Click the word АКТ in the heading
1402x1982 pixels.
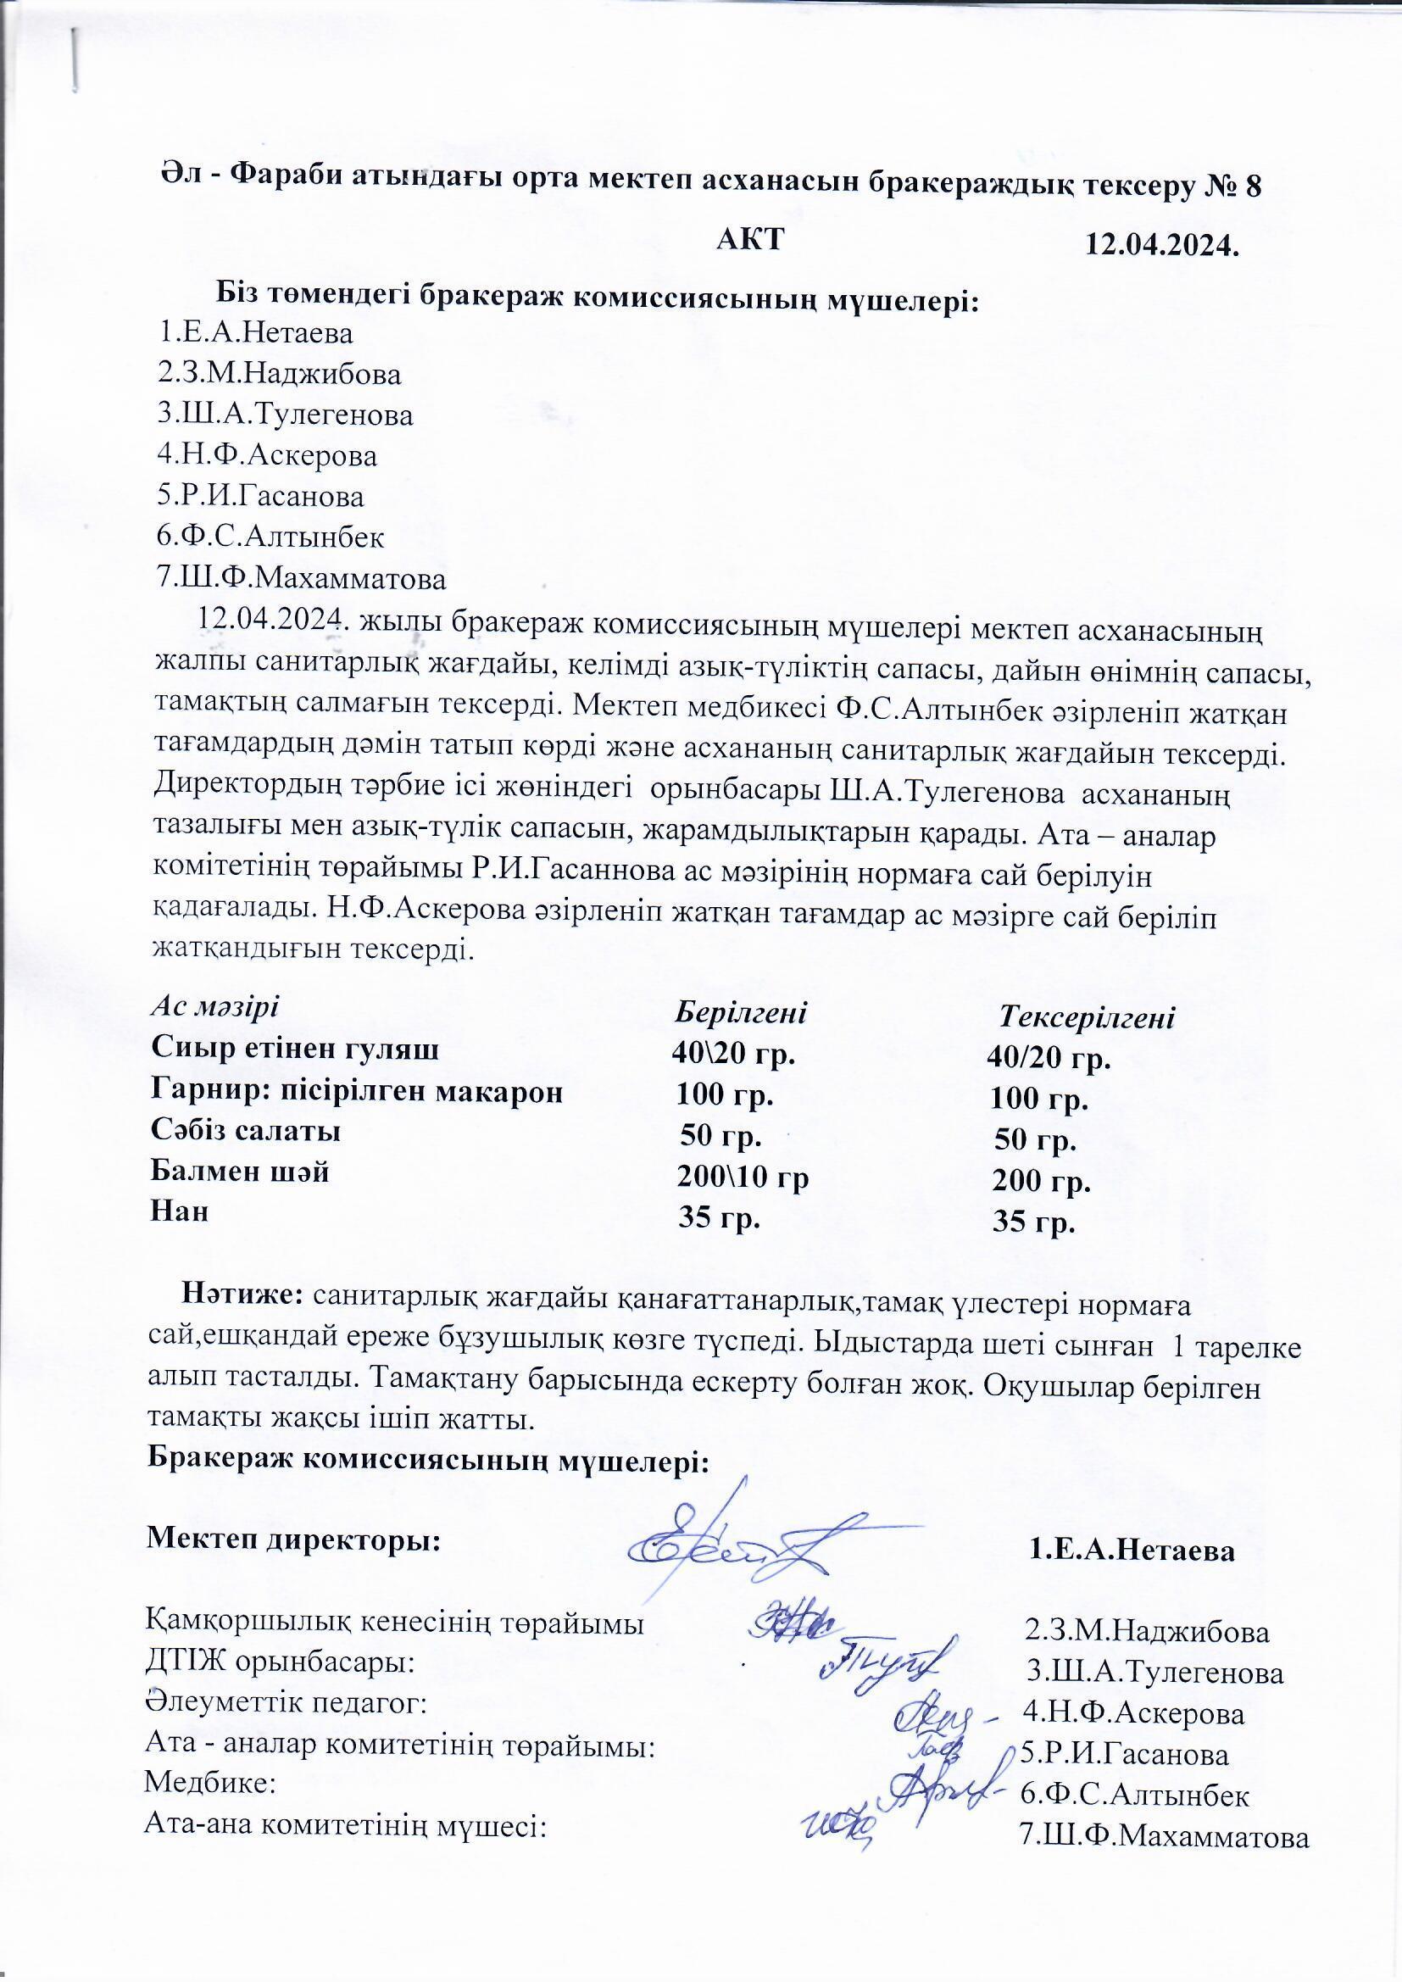(x=749, y=239)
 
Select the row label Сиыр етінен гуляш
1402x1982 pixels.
(x=294, y=1049)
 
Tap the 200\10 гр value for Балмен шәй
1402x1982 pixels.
(x=743, y=1176)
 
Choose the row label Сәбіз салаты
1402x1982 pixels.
(x=245, y=1130)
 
